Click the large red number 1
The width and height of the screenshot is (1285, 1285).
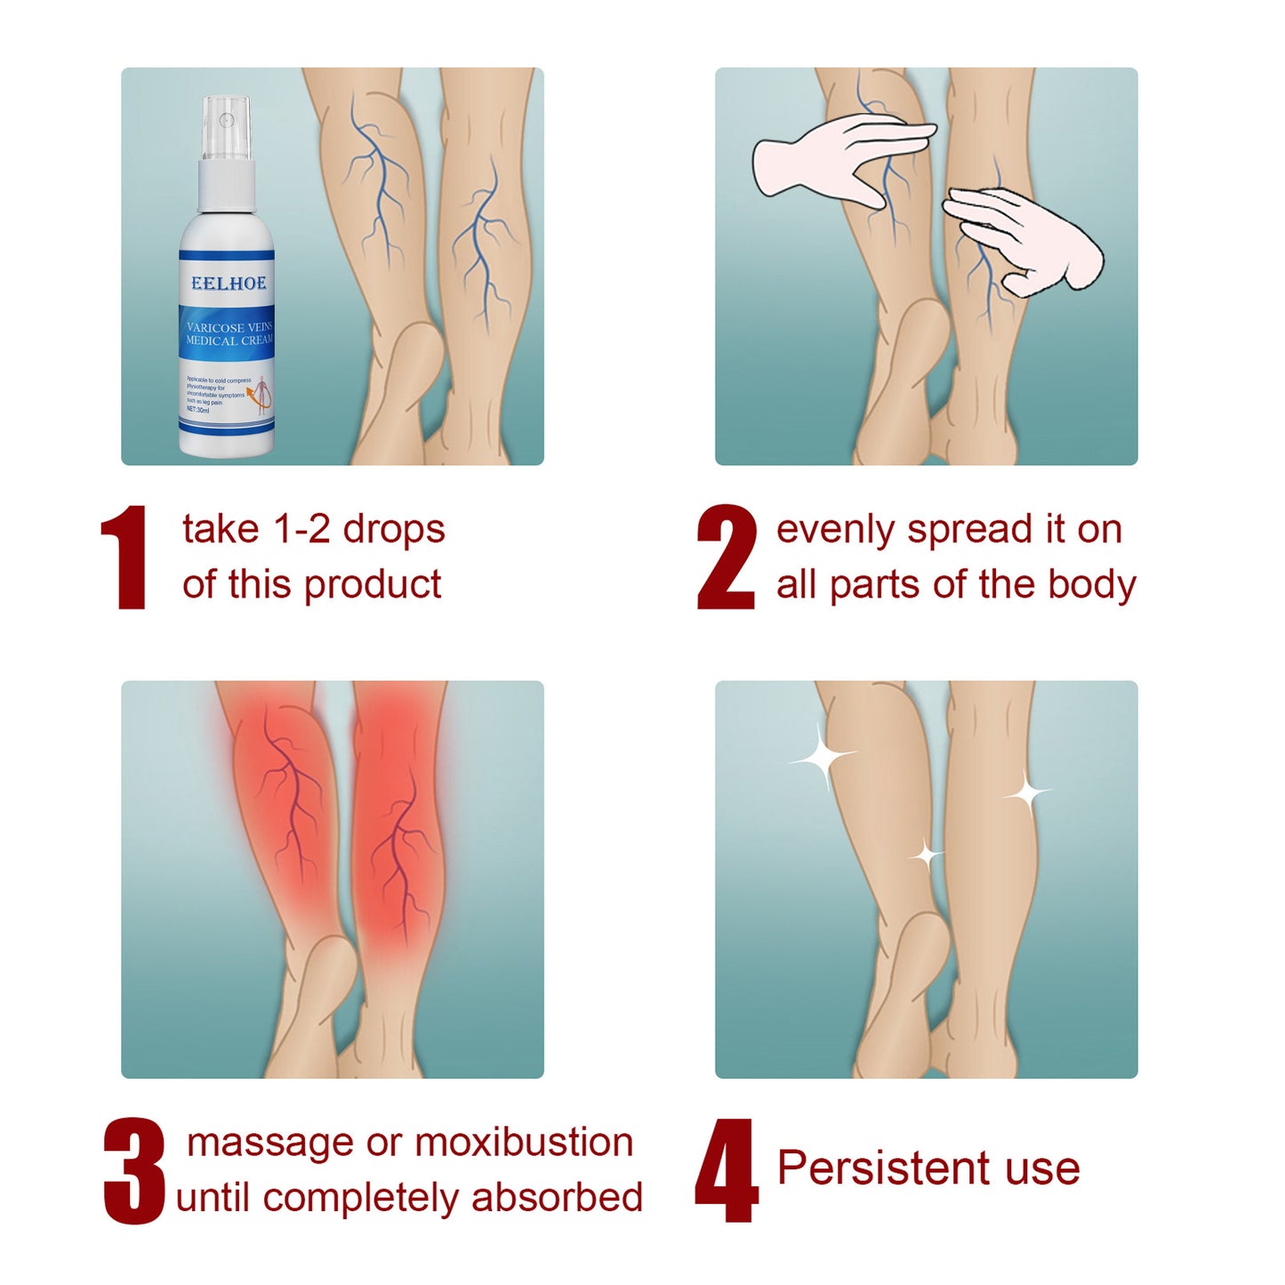(127, 558)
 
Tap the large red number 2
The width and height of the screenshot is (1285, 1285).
(727, 558)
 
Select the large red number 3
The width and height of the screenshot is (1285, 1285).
(134, 1171)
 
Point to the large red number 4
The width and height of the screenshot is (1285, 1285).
(727, 1171)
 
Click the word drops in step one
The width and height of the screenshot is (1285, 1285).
(394, 531)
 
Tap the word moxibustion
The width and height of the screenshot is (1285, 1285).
(524, 1143)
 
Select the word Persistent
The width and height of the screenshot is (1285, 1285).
(883, 1168)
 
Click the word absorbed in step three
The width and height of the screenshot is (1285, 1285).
(557, 1197)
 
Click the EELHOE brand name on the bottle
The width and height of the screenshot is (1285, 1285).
(229, 284)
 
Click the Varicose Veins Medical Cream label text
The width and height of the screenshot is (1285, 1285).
(229, 333)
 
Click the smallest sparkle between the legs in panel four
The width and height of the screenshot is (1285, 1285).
(926, 855)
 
